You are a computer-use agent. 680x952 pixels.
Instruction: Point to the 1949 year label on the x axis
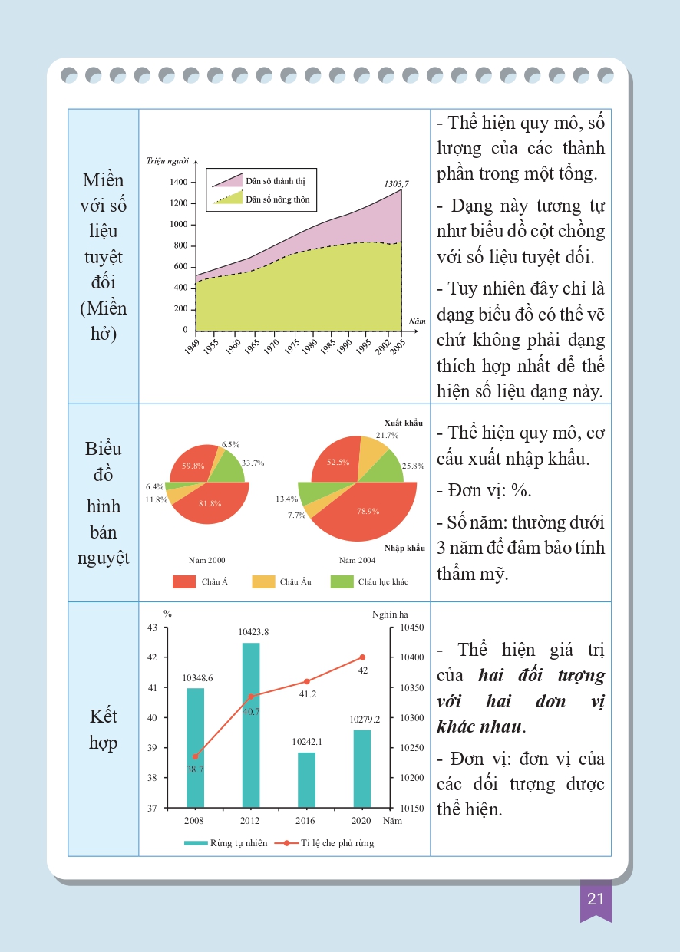point(192,348)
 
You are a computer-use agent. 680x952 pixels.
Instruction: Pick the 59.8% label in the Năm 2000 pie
point(193,466)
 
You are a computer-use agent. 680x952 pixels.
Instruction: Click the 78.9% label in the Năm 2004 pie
point(368,512)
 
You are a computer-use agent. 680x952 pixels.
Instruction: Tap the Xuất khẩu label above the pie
point(403,423)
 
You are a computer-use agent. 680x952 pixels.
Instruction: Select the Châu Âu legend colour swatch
point(262,581)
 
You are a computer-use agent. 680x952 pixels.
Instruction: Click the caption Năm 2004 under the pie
point(357,561)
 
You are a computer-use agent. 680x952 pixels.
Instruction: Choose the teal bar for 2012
point(251,725)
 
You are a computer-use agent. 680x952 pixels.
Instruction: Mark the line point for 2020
point(362,657)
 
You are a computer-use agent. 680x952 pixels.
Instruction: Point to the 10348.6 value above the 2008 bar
point(197,678)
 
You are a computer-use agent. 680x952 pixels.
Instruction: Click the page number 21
point(596,899)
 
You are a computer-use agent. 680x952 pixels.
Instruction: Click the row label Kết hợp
point(103,730)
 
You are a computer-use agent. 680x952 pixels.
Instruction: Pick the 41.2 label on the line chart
point(307,693)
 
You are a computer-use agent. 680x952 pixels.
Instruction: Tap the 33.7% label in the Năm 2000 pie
point(253,463)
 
